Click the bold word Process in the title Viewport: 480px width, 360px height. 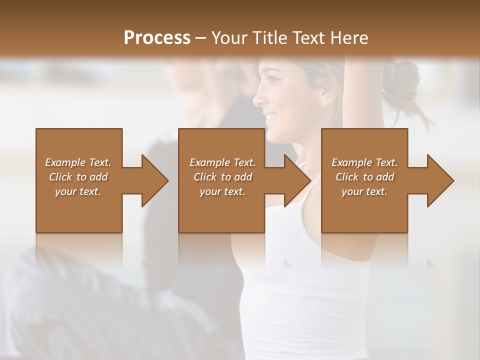(x=157, y=37)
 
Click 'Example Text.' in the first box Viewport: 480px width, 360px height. (x=78, y=162)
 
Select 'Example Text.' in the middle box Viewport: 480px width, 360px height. (x=222, y=162)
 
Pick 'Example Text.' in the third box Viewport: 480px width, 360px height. (x=364, y=162)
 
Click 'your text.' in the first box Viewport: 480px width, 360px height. (x=78, y=191)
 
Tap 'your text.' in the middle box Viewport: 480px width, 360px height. (x=222, y=191)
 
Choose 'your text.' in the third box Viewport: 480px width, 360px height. (x=364, y=191)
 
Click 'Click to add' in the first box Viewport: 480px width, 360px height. (x=78, y=177)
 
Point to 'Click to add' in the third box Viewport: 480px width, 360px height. (x=364, y=177)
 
